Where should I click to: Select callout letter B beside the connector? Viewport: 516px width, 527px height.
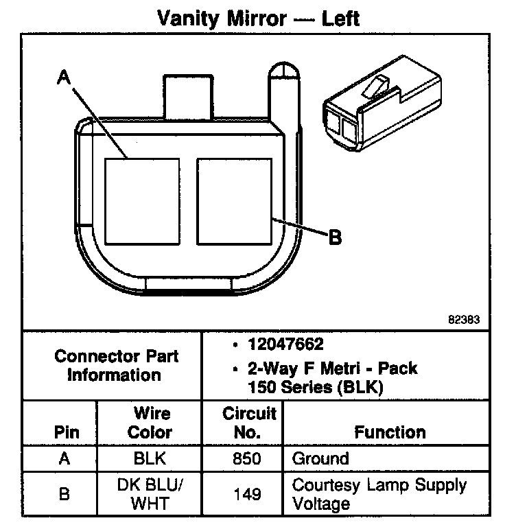pyautogui.click(x=335, y=237)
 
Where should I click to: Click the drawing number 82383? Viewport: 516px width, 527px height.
pyautogui.click(x=464, y=319)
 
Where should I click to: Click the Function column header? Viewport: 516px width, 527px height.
pyautogui.click(x=390, y=432)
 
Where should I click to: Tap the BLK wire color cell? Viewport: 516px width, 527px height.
pyautogui.click(x=150, y=458)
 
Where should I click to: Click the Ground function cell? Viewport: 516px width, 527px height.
pyautogui.click(x=320, y=458)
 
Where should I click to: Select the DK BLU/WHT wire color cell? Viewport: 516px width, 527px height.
pyautogui.click(x=150, y=493)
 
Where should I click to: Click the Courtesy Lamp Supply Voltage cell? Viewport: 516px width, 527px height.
pyautogui.click(x=379, y=494)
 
